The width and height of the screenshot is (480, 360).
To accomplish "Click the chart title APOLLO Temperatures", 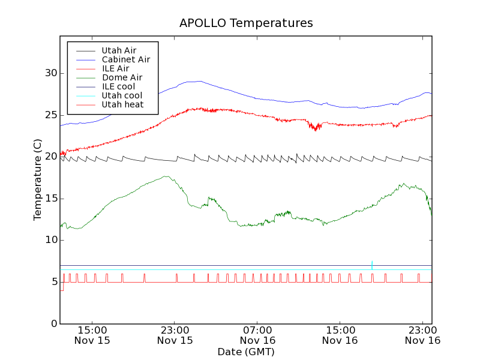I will coord(246,23).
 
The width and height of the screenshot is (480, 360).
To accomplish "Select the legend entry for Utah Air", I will coord(119,50).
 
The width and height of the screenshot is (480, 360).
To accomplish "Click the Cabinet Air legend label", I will coord(125,59).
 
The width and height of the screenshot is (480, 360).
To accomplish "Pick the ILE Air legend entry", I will coord(115,68).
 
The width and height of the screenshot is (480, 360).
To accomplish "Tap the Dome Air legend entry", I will coord(122,77).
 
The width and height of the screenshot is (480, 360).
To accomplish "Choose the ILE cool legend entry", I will coord(118,86).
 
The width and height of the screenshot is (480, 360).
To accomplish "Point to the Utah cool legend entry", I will coord(122,95).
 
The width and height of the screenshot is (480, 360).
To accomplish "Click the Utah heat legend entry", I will coord(122,104).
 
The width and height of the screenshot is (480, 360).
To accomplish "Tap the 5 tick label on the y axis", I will coord(53,282).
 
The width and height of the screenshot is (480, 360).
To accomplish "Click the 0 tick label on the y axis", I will coord(53,324).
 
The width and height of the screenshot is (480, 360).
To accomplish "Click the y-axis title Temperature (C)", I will coord(38,179).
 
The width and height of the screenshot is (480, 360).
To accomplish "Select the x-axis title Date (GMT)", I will coord(246,352).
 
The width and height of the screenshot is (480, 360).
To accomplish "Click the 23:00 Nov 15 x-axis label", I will coord(175,335).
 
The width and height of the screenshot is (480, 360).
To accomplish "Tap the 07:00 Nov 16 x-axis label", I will coord(257,335).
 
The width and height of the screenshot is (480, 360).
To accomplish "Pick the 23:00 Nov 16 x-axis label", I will coord(422,335).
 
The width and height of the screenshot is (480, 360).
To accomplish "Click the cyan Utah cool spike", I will coord(372,264).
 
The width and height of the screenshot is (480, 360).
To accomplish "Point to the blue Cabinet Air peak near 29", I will coord(198,81).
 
